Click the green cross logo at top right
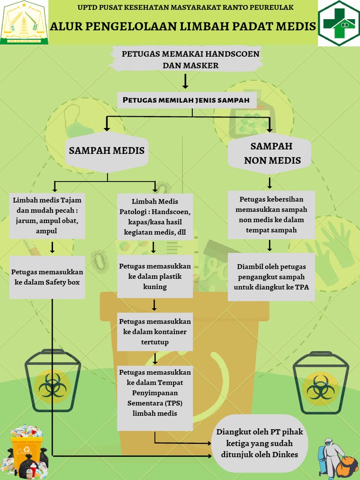339,23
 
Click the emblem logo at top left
24,22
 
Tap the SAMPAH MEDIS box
107,150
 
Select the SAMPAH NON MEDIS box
271,153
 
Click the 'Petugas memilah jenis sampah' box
187,100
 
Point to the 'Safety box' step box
47,277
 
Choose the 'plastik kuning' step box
155,276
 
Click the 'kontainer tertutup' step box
155,332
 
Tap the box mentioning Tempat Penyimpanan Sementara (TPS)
155,398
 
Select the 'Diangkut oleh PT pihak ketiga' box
257,443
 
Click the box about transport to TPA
271,277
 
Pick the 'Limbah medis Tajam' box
47,216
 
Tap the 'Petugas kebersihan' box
271,215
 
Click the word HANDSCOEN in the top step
234,54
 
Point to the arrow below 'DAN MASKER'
186,81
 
